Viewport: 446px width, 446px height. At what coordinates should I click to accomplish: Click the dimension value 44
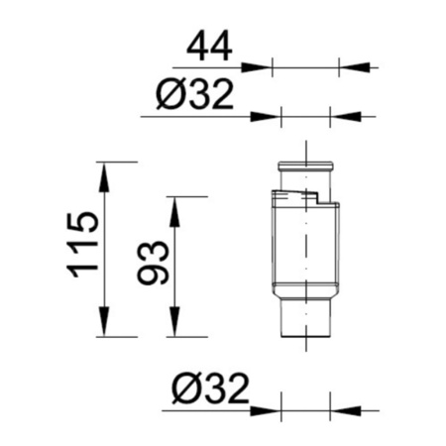coord(209,46)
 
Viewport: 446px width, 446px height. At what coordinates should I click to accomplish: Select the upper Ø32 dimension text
coord(195,94)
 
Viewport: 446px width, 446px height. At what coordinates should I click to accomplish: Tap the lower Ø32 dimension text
coord(210,389)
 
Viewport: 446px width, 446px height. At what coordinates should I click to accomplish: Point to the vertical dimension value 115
coord(83,244)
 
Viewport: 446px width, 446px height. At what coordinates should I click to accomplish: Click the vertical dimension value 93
coord(154,263)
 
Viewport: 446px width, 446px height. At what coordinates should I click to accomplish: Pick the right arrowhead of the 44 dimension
coord(354,67)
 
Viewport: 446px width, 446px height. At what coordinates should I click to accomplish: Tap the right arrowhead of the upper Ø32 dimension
coord(346,117)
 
